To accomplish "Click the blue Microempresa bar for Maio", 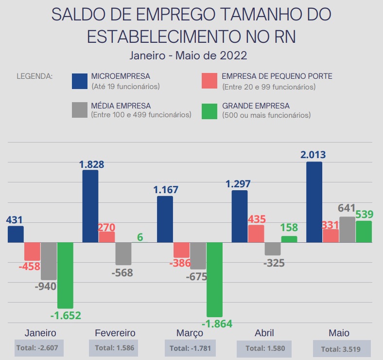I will pyautogui.click(x=314, y=202).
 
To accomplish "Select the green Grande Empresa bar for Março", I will pyautogui.click(x=214, y=279).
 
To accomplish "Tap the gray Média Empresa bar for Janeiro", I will pyautogui.click(x=49, y=261).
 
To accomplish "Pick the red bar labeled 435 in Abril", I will pyautogui.click(x=256, y=234).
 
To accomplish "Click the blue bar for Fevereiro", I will pyautogui.click(x=90, y=206).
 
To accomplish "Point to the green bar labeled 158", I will pyautogui.click(x=289, y=239).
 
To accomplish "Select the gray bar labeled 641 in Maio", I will pyautogui.click(x=347, y=230).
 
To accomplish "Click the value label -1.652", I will pyautogui.click(x=65, y=315).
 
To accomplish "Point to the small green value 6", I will pyautogui.click(x=140, y=237).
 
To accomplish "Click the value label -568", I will pyautogui.click(x=122, y=272).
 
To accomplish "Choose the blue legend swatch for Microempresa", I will pyautogui.click(x=79, y=81).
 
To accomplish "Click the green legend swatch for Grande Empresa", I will pyautogui.click(x=209, y=110).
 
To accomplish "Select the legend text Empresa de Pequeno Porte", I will pyautogui.click(x=277, y=76).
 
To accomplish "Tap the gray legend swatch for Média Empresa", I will pyautogui.click(x=79, y=110).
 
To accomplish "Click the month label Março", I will pyautogui.click(x=190, y=333).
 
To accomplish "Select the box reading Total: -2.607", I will pyautogui.click(x=39, y=348).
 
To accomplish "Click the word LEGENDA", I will pyautogui.click(x=35, y=76).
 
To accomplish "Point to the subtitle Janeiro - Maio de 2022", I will pyautogui.click(x=189, y=55).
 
